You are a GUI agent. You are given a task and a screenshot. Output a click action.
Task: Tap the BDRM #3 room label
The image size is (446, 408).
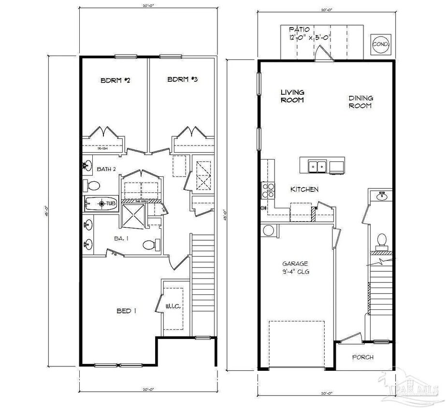click(183, 80)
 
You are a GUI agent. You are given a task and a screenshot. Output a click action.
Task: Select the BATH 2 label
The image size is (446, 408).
click(106, 169)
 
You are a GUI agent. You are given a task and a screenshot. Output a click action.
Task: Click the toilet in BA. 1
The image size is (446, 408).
click(150, 245)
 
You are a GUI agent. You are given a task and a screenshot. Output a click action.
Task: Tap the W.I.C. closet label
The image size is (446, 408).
click(173, 306)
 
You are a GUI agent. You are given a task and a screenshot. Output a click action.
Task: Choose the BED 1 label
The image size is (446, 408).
click(126, 311)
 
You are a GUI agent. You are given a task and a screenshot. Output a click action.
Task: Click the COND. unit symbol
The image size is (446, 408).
click(380, 44)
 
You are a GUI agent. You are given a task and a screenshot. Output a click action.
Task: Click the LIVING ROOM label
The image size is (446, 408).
click(293, 96)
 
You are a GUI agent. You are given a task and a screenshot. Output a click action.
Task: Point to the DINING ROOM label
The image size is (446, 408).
click(361, 102)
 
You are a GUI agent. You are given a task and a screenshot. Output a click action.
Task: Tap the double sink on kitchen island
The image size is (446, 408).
click(317, 167)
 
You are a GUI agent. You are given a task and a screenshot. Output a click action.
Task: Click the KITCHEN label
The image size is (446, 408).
click(304, 189)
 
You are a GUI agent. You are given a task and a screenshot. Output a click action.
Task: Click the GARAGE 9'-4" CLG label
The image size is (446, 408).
click(296, 268)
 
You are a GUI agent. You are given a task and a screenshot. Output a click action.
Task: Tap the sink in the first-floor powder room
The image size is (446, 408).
click(382, 196)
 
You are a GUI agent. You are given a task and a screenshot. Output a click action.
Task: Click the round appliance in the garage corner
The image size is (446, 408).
click(268, 230)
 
